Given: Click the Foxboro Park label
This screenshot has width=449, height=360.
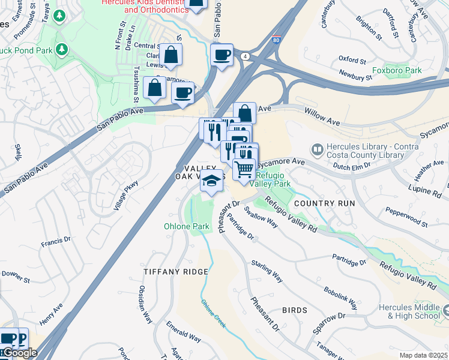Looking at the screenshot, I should (x=397, y=70).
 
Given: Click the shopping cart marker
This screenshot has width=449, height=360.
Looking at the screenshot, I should (x=244, y=170).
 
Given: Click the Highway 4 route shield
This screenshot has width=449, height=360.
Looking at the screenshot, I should (x=246, y=56).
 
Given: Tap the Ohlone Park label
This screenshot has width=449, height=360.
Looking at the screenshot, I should (x=187, y=226).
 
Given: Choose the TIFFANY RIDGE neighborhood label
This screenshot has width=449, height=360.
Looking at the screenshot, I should (x=176, y=272).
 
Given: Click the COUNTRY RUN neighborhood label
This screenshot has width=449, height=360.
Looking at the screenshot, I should (x=325, y=203).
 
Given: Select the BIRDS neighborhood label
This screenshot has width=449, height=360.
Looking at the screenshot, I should (x=295, y=310).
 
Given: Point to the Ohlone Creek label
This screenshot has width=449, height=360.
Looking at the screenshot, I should (x=213, y=313).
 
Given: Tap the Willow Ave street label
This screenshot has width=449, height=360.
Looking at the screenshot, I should (x=322, y=117).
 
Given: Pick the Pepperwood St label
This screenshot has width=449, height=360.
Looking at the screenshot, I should (x=406, y=219).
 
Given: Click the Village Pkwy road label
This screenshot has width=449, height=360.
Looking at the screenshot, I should (x=126, y=196).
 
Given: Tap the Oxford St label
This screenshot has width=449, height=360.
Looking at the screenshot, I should (x=352, y=60).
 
